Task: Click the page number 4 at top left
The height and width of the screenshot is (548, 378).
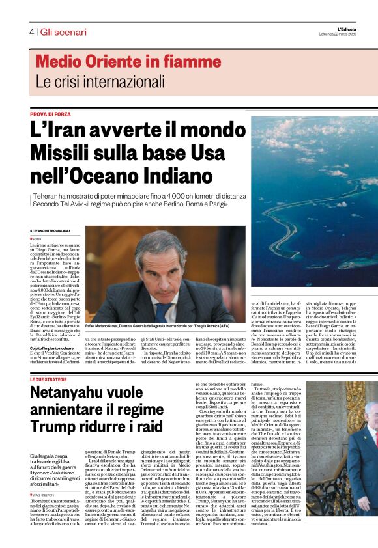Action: tap(31, 32)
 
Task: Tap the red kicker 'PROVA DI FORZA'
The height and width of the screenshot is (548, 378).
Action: tap(50, 114)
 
